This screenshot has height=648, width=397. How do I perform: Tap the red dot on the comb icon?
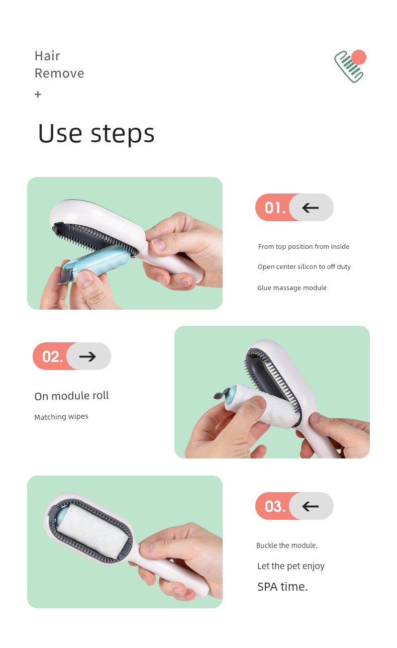click(359, 57)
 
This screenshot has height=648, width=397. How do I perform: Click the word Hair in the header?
click(47, 56)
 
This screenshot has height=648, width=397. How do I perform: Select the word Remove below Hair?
click(59, 73)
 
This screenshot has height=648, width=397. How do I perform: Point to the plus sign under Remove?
click(38, 95)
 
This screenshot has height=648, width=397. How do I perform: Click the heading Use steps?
click(96, 134)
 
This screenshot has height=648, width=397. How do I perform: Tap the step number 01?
click(275, 208)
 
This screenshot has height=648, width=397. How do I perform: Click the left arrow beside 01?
click(310, 208)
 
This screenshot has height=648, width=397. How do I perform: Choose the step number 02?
click(52, 356)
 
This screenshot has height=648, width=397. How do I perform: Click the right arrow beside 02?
click(87, 356)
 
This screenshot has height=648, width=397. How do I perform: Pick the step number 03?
click(275, 506)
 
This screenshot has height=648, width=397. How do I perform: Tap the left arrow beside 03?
click(310, 506)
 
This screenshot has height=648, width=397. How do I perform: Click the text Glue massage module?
click(292, 288)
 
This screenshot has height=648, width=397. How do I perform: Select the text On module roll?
click(71, 396)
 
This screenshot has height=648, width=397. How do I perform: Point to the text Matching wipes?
click(61, 417)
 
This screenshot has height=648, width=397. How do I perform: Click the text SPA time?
click(282, 587)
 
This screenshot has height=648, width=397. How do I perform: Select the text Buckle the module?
click(287, 545)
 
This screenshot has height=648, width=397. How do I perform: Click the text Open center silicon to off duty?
click(304, 267)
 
